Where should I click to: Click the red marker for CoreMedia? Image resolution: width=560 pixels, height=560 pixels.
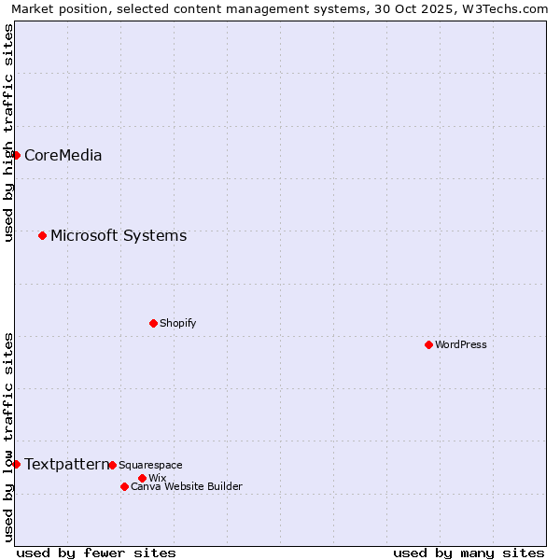16,155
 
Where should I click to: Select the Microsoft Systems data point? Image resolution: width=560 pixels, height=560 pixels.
42,235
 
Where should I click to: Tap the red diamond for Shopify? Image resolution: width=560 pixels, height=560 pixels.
153,323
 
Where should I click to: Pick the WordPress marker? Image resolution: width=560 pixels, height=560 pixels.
428,344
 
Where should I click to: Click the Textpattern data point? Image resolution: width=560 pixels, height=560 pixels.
16,464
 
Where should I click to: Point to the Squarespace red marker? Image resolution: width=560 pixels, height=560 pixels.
112,465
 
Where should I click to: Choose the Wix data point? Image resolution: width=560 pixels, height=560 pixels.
142,478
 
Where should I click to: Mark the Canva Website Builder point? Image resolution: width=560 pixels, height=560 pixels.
124,486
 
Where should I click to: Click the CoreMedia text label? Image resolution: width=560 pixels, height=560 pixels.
63,156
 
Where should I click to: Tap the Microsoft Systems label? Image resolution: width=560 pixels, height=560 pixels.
119,236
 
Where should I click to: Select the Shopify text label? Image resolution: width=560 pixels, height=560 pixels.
177,324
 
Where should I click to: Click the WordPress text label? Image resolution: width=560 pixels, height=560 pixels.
461,345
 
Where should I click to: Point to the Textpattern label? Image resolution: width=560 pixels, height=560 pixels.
65,465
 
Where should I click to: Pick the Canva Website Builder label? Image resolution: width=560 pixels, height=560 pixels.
186,487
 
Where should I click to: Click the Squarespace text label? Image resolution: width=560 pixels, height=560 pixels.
150,466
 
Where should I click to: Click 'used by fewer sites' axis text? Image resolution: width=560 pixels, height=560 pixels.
96,553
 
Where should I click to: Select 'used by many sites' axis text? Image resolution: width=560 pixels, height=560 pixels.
469,553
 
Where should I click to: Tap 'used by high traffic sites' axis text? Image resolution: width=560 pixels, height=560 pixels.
8,133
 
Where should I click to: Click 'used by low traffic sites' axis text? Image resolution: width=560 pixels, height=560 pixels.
8,436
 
